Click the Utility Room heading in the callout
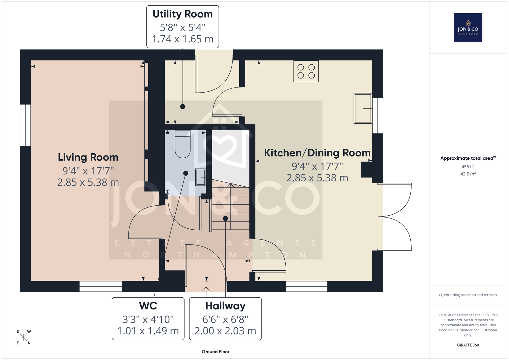click(x=183, y=14)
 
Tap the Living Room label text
click(x=88, y=157)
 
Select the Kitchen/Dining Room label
click(x=317, y=153)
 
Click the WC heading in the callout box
click(x=148, y=306)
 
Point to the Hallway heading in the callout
click(x=225, y=306)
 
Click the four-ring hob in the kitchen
click(x=306, y=71)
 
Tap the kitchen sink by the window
click(x=363, y=108)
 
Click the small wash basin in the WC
click(x=200, y=177)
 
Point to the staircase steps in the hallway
click(x=230, y=207)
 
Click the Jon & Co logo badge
click(x=468, y=27)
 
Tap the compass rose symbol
click(x=24, y=337)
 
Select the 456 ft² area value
click(x=468, y=167)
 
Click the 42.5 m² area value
click(x=468, y=174)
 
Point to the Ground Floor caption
click(x=215, y=352)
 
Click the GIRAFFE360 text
click(x=468, y=345)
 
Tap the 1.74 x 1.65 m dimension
click(x=183, y=39)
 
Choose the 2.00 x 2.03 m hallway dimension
click(x=225, y=331)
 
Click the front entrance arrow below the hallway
click(x=206, y=291)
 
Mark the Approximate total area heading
click(x=468, y=158)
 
